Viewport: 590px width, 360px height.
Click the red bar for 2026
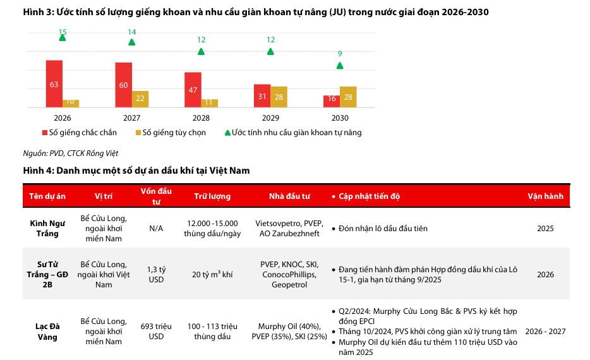(x=54, y=83)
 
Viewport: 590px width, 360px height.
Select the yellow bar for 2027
(x=140, y=99)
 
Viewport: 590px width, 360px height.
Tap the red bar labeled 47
(x=193, y=90)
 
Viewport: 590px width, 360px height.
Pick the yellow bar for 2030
(x=348, y=97)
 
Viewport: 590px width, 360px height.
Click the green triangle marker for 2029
(x=270, y=51)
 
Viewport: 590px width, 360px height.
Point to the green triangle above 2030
(x=340, y=65)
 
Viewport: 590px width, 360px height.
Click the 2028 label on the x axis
(x=201, y=118)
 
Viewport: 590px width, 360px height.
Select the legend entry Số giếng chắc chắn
(x=79, y=133)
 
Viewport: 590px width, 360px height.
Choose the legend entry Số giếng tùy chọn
(x=171, y=133)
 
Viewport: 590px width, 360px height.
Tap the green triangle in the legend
(x=227, y=133)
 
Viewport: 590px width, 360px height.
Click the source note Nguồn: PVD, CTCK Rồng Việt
(x=70, y=153)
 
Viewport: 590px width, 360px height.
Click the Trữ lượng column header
(x=212, y=196)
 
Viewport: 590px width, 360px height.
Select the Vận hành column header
(x=545, y=196)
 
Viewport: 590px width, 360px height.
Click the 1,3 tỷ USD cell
(x=156, y=274)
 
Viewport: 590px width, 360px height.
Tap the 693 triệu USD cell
(x=156, y=331)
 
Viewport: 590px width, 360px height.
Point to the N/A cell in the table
(x=156, y=228)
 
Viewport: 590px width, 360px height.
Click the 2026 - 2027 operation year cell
(x=545, y=331)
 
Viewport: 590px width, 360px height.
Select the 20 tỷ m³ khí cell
(x=212, y=274)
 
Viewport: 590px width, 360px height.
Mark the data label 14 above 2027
(x=132, y=32)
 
